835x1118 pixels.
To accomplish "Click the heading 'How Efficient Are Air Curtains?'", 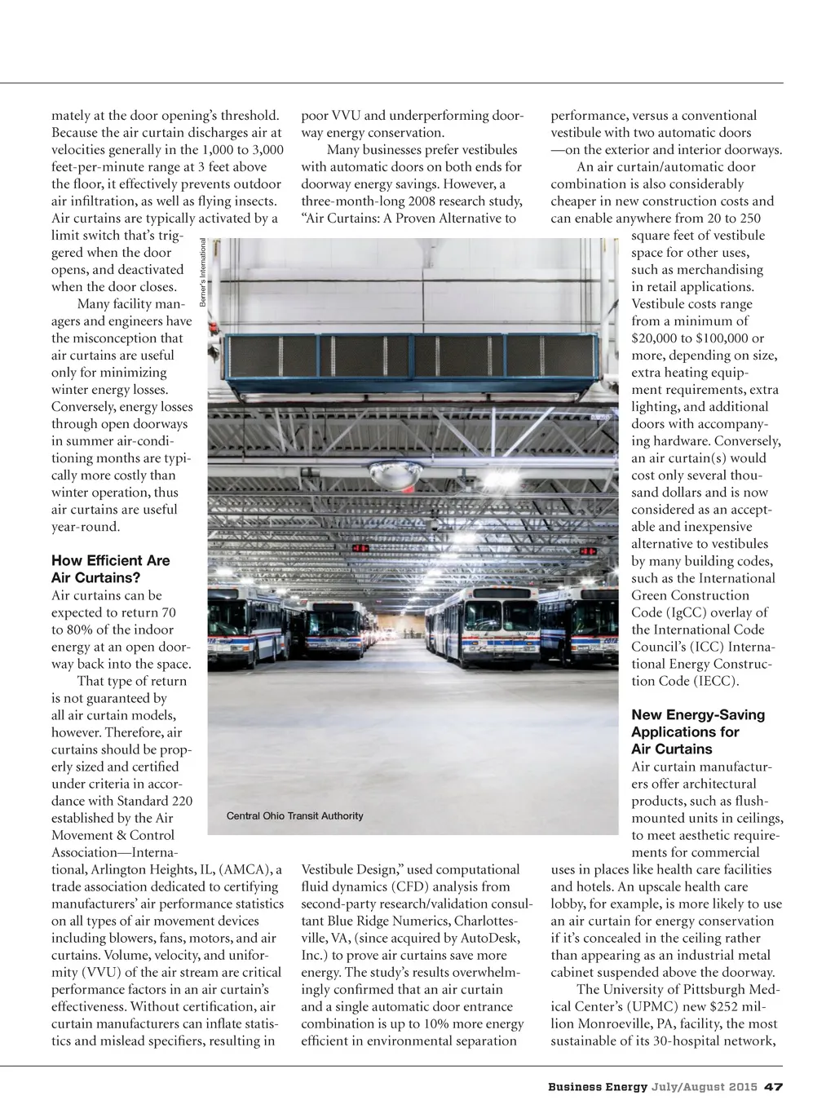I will pyautogui.click(x=110, y=569).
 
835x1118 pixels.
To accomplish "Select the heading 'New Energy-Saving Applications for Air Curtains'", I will pyautogui.click(x=698, y=731).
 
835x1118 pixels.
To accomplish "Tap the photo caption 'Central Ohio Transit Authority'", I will pyautogui.click(x=294, y=815).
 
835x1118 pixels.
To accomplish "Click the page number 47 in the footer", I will pyautogui.click(x=774, y=1086).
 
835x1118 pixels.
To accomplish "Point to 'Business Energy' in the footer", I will pyautogui.click(x=597, y=1086).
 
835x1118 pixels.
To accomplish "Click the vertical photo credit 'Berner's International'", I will pyautogui.click(x=203, y=272).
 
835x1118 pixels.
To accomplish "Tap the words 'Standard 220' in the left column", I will pyautogui.click(x=157, y=801).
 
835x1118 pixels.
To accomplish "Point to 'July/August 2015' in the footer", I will pyautogui.click(x=705, y=1086).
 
